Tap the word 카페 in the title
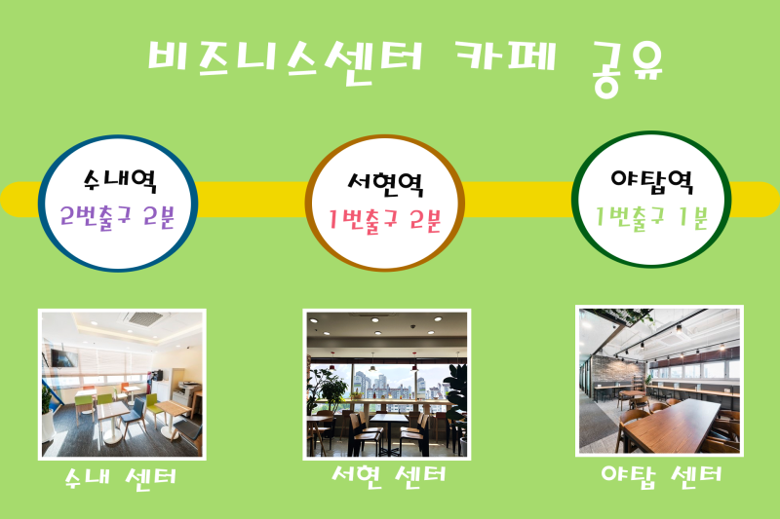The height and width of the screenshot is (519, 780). point(506,56)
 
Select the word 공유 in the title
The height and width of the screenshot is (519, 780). point(628,68)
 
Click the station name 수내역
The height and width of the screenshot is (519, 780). point(120,180)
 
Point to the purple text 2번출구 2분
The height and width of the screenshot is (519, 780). point(117,217)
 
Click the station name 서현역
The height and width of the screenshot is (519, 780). point(385,185)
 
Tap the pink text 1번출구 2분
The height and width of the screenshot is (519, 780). point(384,220)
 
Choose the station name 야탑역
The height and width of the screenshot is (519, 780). point(652,182)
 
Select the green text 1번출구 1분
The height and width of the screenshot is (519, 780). point(651,217)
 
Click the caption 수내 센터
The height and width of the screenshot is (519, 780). point(121,478)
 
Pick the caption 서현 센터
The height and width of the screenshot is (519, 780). point(388,476)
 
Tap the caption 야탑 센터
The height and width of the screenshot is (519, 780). point(661,476)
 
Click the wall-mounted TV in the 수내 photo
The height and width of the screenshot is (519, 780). point(63,358)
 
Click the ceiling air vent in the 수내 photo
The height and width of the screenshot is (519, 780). point(144,317)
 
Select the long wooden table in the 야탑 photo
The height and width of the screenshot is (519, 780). point(672,426)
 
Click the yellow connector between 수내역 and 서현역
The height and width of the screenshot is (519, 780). point(252,200)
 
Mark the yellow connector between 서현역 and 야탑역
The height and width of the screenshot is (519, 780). point(518,200)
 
